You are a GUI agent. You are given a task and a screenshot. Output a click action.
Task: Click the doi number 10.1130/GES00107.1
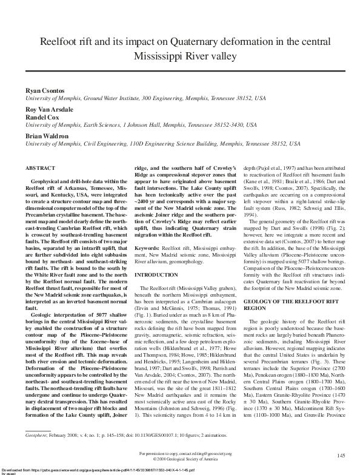(158, 435)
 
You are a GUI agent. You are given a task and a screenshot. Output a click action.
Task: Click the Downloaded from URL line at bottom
(97, 470)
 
